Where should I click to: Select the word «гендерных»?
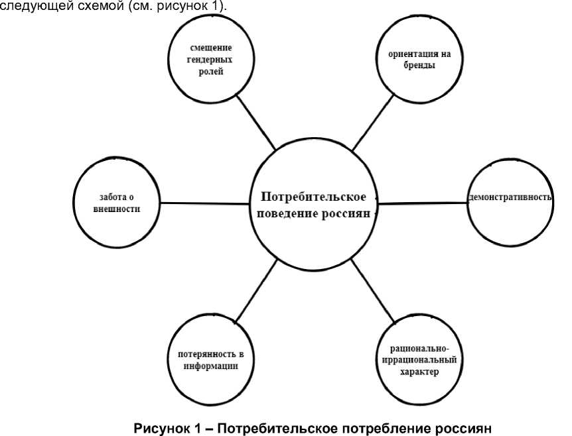209,60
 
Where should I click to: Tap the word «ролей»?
210,72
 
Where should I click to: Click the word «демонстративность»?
510,198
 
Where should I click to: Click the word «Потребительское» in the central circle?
314,197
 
